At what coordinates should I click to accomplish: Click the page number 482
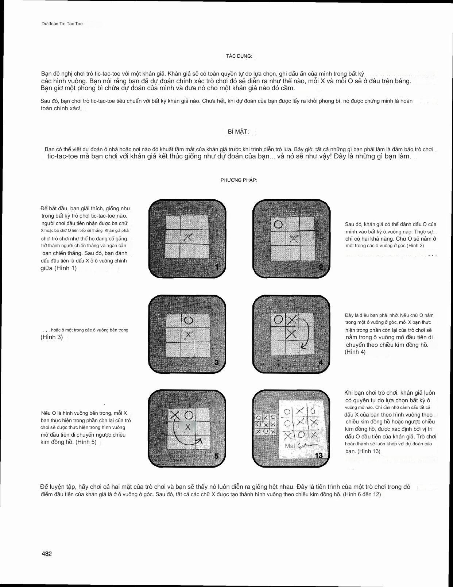point(47,553)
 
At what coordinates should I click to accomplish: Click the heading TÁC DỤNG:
point(239,56)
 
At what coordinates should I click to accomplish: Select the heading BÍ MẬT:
point(236,132)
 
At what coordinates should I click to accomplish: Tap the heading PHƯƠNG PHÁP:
point(239,180)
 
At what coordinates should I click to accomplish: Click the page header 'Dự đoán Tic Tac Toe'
point(62,24)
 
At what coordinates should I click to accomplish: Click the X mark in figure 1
point(188,237)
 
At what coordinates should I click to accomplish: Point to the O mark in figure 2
point(278,224)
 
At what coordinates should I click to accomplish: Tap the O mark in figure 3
point(188,321)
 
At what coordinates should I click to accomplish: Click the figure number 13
point(318,455)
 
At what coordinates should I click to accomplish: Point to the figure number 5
point(216,456)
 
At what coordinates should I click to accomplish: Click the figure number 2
point(321,267)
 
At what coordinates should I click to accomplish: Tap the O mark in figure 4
point(278,320)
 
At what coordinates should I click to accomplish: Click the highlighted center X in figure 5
point(188,427)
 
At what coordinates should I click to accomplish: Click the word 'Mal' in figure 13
point(290,446)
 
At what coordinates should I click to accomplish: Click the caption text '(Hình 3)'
point(51,337)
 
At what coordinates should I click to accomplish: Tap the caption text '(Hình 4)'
point(355,352)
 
